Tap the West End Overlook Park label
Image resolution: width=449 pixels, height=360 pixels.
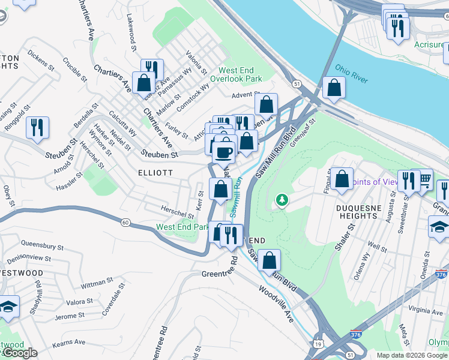coord(236,74)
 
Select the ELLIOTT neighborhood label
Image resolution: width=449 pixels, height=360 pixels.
coord(155,172)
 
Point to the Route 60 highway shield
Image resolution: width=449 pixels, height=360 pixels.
coord(125,223)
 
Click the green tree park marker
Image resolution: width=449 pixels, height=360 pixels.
coord(280,200)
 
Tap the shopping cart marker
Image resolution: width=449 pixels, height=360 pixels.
coord(424,179)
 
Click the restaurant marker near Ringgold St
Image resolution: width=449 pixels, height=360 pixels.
coord(37,128)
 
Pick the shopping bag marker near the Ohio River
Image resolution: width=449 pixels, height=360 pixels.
coord(334,88)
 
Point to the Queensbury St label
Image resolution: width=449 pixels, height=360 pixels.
coord(42,245)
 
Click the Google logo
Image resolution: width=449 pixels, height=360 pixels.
coord(20,353)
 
